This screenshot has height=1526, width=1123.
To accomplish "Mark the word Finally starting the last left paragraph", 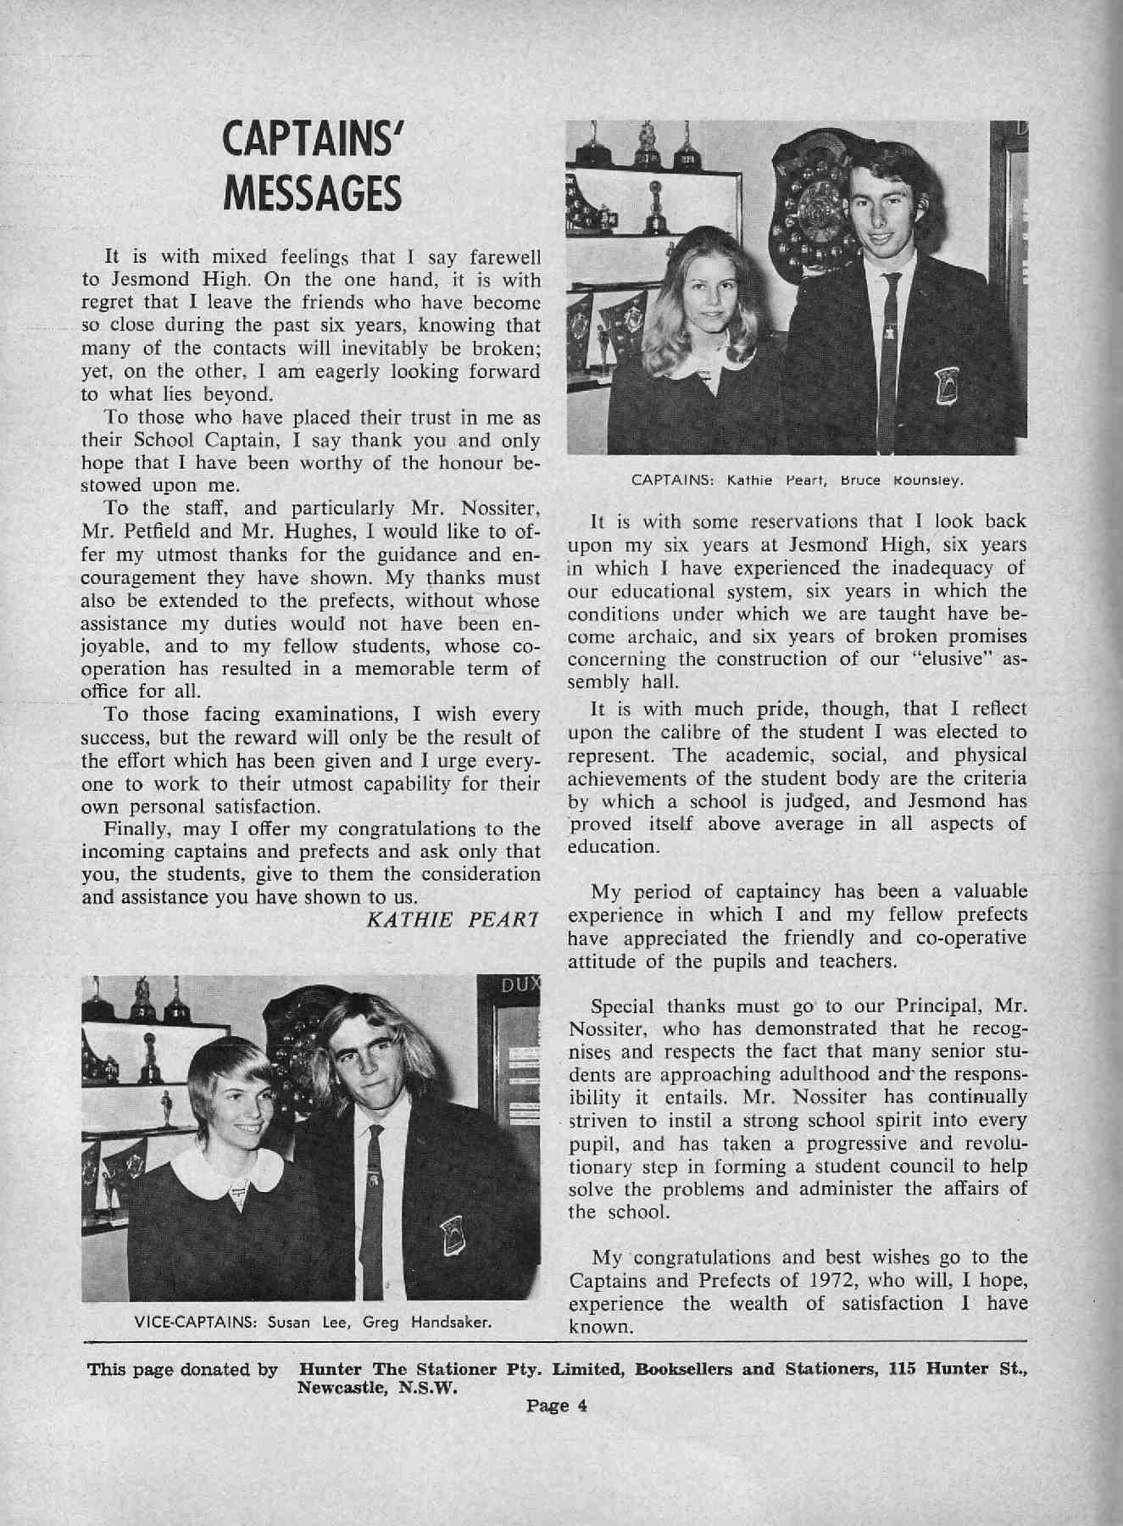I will click(133, 828).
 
